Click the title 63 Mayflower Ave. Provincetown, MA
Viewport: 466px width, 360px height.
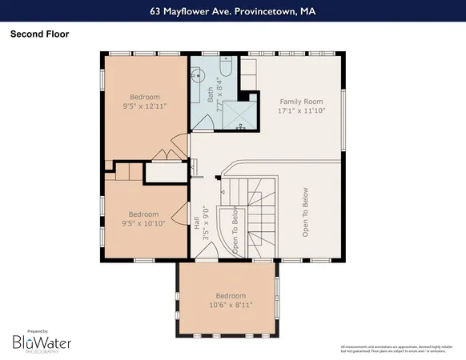232,12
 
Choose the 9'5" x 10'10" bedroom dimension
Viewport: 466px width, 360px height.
144,224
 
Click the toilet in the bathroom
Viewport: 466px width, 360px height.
225,70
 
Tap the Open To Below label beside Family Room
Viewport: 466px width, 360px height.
305,212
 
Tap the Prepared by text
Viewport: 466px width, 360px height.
38,330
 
